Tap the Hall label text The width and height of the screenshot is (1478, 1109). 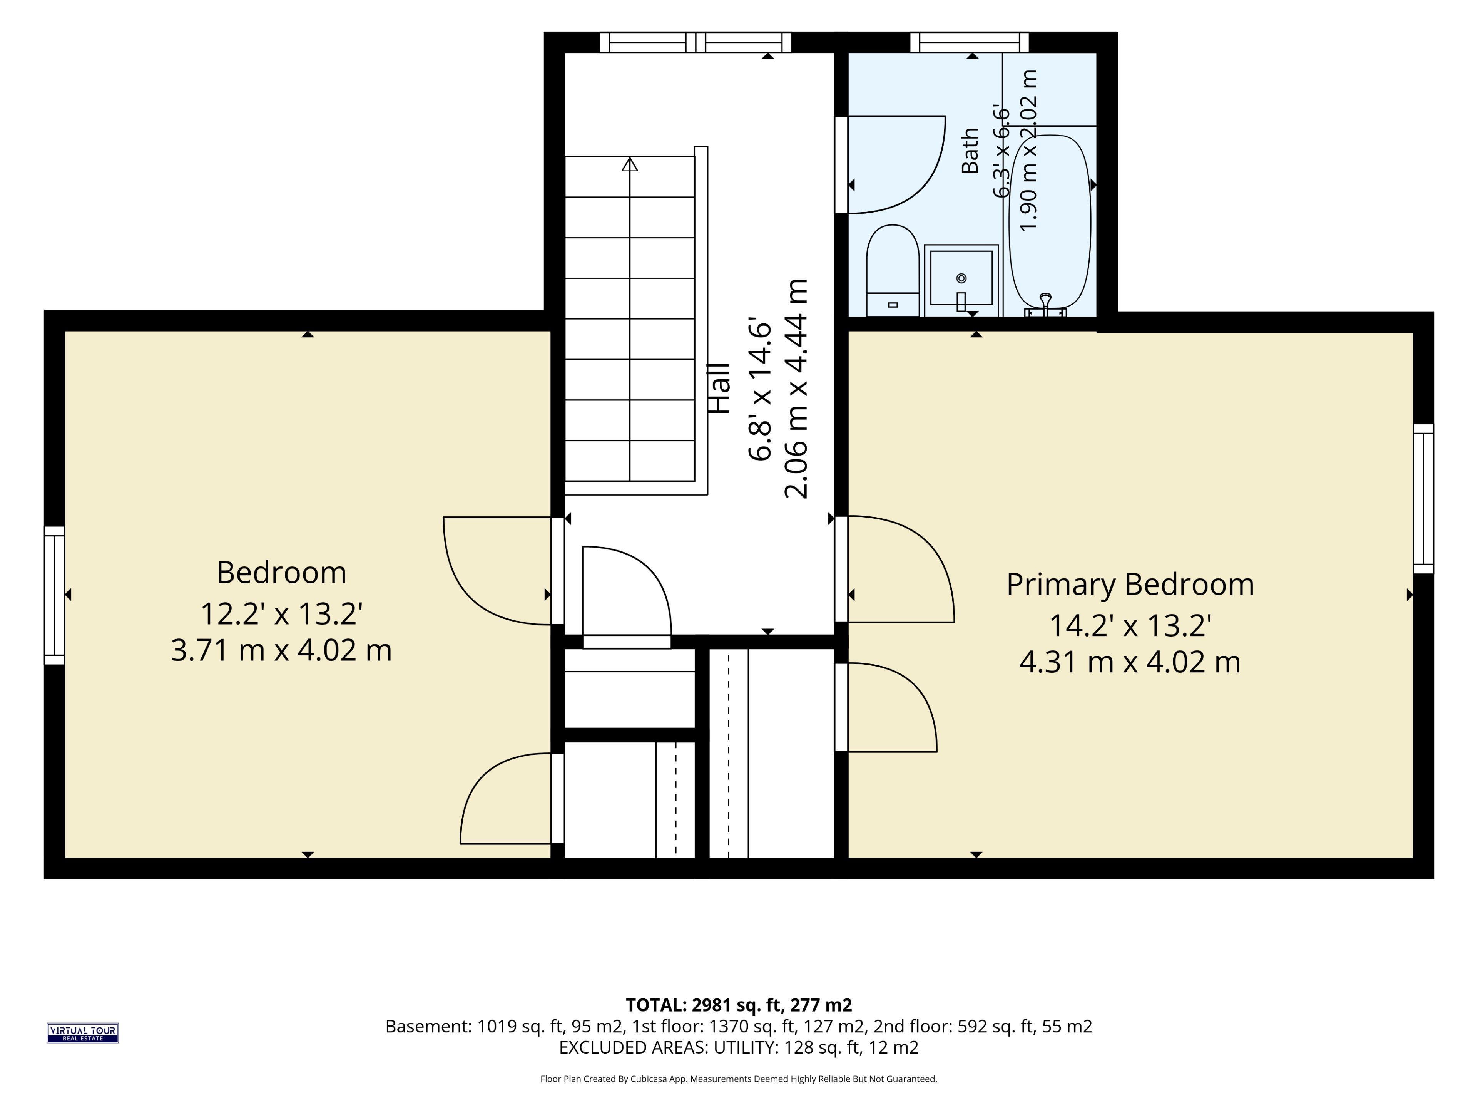click(720, 389)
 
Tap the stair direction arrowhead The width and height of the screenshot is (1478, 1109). click(629, 164)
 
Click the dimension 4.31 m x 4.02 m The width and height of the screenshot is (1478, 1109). click(1130, 662)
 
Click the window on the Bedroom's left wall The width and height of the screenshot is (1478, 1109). click(55, 595)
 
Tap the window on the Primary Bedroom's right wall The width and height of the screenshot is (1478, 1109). click(1423, 499)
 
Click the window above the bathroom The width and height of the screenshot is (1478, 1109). click(970, 42)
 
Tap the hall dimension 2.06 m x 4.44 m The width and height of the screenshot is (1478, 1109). click(796, 389)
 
